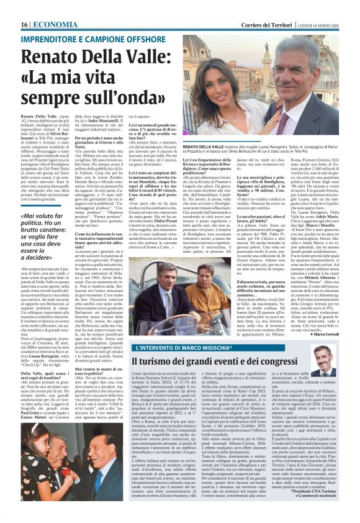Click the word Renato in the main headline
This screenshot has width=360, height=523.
click(x=53, y=45)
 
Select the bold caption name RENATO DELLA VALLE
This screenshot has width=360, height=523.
click(x=206, y=144)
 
